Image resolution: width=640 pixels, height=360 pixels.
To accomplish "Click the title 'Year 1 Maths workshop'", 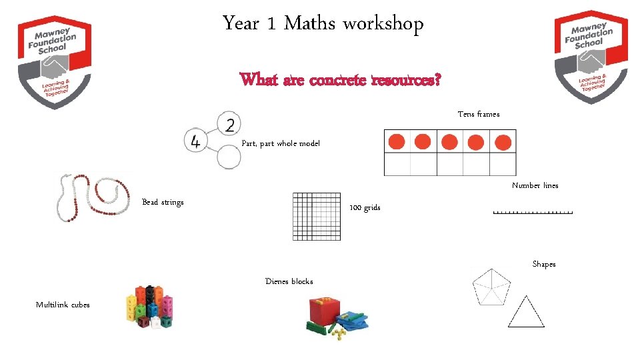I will click(x=323, y=25).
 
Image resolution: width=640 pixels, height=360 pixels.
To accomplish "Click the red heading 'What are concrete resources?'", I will click(x=340, y=80).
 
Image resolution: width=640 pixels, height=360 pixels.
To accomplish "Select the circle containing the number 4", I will click(x=196, y=141).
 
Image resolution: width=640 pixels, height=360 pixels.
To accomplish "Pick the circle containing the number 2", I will click(x=229, y=125).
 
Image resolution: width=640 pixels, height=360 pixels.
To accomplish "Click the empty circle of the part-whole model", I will click(x=229, y=159).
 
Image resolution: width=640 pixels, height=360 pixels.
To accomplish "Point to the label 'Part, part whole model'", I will click(x=281, y=144).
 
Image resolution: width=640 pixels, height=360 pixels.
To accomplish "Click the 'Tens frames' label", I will click(x=478, y=115).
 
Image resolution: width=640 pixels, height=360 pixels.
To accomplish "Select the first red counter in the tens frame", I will click(x=397, y=141).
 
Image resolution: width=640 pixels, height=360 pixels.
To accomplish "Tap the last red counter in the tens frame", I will click(x=503, y=142).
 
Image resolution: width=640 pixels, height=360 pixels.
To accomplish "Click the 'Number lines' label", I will click(x=535, y=185).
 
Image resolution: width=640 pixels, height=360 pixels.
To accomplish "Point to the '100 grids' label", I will click(x=365, y=208).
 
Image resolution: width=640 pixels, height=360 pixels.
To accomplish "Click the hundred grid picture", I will click(x=317, y=216).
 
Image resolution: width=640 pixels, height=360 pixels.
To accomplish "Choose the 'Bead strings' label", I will click(x=163, y=202).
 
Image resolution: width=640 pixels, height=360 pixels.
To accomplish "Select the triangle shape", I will click(x=526, y=313).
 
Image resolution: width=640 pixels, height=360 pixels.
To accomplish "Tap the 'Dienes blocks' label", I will click(x=289, y=281).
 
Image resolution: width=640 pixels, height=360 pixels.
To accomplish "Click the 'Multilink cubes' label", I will click(x=63, y=305).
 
